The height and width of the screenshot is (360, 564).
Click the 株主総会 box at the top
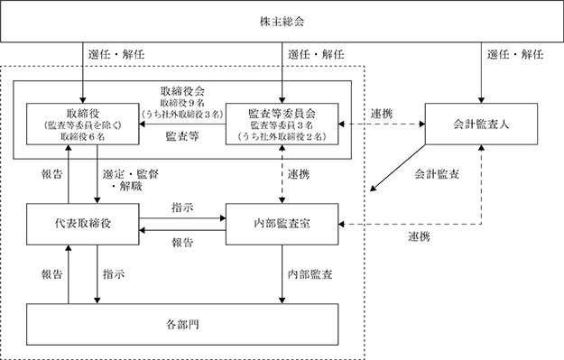click(x=282, y=22)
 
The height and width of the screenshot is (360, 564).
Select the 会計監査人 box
click(x=481, y=125)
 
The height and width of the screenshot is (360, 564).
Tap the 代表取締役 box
click(x=83, y=224)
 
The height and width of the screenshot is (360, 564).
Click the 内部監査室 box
click(x=282, y=224)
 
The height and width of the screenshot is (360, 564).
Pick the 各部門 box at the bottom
click(x=182, y=325)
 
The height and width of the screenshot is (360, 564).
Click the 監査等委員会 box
click(x=282, y=125)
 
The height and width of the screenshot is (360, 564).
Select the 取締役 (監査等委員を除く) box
click(x=83, y=125)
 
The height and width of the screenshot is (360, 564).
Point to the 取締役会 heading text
click(x=182, y=91)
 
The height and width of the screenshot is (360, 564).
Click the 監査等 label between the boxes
click(x=182, y=136)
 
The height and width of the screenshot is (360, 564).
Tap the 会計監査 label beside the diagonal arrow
click(x=437, y=174)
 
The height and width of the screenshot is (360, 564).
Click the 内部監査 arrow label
click(x=310, y=274)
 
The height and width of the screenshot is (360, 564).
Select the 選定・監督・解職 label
click(x=130, y=180)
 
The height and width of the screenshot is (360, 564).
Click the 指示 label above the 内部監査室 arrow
click(x=182, y=208)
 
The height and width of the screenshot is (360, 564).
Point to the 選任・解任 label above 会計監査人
click(x=515, y=55)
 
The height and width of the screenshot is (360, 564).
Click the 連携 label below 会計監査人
click(x=419, y=236)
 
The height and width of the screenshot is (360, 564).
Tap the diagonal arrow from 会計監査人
click(x=398, y=168)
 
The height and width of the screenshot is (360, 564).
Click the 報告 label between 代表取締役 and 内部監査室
click(x=182, y=243)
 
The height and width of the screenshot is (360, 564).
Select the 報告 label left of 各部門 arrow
click(x=52, y=274)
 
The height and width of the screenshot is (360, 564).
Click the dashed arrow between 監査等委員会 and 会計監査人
click(x=382, y=125)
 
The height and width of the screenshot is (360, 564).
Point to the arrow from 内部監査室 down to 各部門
click(x=282, y=274)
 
